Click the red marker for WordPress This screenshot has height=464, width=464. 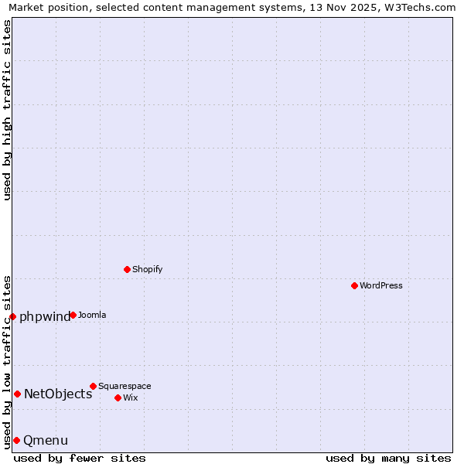click(x=354, y=285)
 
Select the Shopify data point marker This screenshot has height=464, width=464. click(x=127, y=269)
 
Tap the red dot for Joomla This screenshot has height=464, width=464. click(x=73, y=315)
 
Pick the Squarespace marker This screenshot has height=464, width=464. click(x=93, y=386)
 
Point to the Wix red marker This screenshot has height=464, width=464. click(x=118, y=397)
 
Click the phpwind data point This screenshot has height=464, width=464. click(x=12, y=316)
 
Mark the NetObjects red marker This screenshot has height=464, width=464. click(x=17, y=394)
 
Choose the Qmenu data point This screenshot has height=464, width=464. click(x=16, y=440)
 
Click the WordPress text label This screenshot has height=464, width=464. click(x=381, y=285)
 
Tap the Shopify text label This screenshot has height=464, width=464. click(x=147, y=269)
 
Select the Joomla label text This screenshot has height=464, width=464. click(x=92, y=315)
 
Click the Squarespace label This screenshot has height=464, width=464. click(x=125, y=386)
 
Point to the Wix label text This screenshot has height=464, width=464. click(x=130, y=397)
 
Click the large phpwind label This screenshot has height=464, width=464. click(x=45, y=317)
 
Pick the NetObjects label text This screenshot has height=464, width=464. click(x=58, y=394)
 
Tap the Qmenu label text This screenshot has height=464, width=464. click(x=46, y=441)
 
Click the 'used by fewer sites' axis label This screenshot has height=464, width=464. click(x=80, y=458)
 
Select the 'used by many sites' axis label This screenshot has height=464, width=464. click(x=388, y=458)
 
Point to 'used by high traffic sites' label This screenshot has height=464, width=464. click(x=7, y=109)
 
